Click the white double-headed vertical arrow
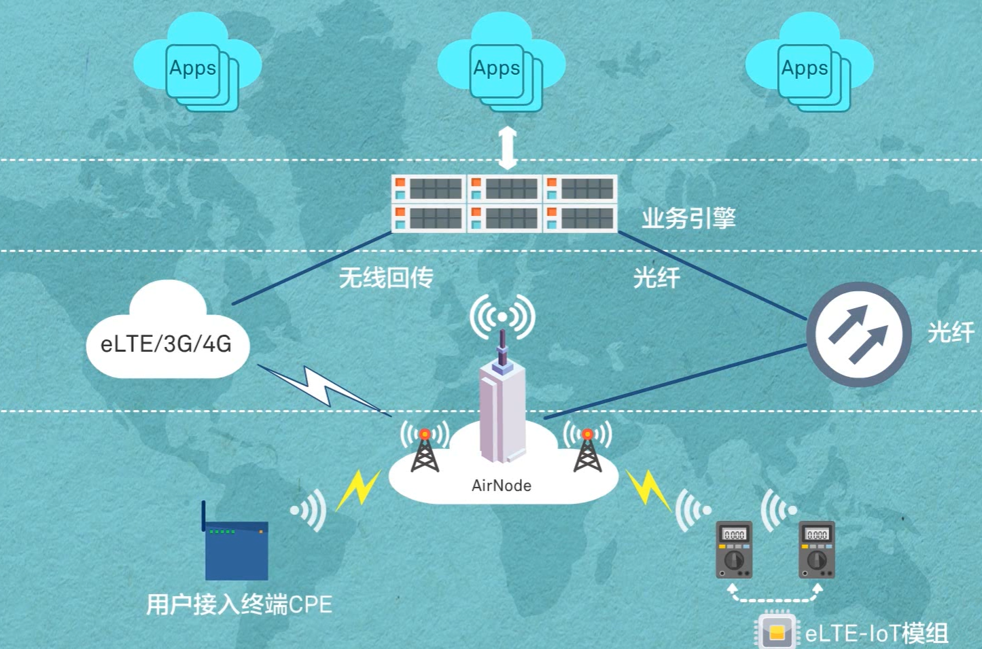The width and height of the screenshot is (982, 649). coord(508,148)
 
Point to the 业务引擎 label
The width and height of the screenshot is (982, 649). coord(688,218)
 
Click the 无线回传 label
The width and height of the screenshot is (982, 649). coord(385,278)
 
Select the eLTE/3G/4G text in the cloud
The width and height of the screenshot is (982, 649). coord(166,344)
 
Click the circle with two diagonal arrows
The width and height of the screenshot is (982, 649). coord(858,335)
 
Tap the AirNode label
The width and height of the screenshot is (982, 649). coord(502,486)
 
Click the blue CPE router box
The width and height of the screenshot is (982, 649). coord(236,550)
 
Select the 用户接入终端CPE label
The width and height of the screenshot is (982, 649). coord(239,604)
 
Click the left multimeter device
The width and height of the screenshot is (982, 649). coord(734,550)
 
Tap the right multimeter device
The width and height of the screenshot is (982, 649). coord(816,550)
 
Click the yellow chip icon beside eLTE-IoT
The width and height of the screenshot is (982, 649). coord(776,633)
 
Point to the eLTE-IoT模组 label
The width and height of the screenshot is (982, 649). coord(877,634)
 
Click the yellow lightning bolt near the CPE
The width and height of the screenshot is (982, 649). coord(357,488)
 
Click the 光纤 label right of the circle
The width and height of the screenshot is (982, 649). coord(951,332)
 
